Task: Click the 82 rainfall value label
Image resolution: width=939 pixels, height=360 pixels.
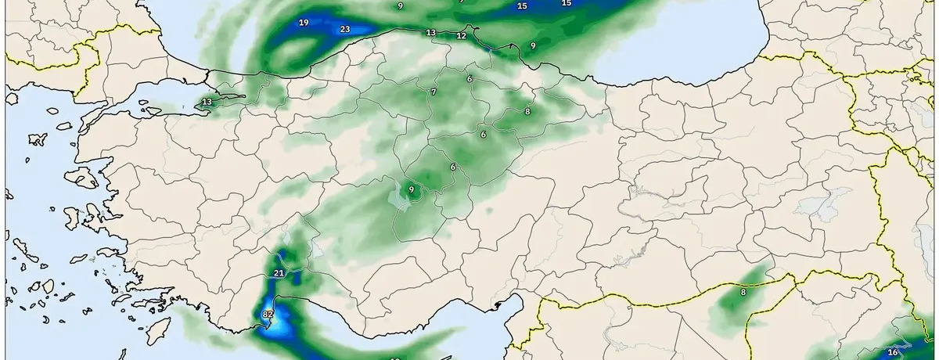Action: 268,314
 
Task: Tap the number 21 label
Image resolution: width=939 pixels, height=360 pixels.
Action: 279,272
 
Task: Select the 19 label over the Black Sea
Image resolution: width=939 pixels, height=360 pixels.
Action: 304,22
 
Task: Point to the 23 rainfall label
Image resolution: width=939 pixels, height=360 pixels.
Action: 345,30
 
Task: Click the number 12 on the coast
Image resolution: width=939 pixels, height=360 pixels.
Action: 461,36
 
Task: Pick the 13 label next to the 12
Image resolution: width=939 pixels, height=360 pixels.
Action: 430,33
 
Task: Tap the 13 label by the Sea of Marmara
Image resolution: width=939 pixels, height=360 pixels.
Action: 207,103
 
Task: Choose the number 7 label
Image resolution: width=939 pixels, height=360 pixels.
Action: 434,92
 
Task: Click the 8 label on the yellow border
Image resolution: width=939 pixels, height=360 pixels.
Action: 743,293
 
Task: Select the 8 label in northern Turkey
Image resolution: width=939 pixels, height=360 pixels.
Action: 527,112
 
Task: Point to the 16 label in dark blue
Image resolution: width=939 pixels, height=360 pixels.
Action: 893,353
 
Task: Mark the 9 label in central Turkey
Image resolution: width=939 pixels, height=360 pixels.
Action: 411,189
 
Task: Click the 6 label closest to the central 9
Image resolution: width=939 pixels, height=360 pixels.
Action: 453,167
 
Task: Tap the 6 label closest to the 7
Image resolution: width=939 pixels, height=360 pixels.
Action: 469,79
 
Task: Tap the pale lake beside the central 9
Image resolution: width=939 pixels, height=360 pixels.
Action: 401,202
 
